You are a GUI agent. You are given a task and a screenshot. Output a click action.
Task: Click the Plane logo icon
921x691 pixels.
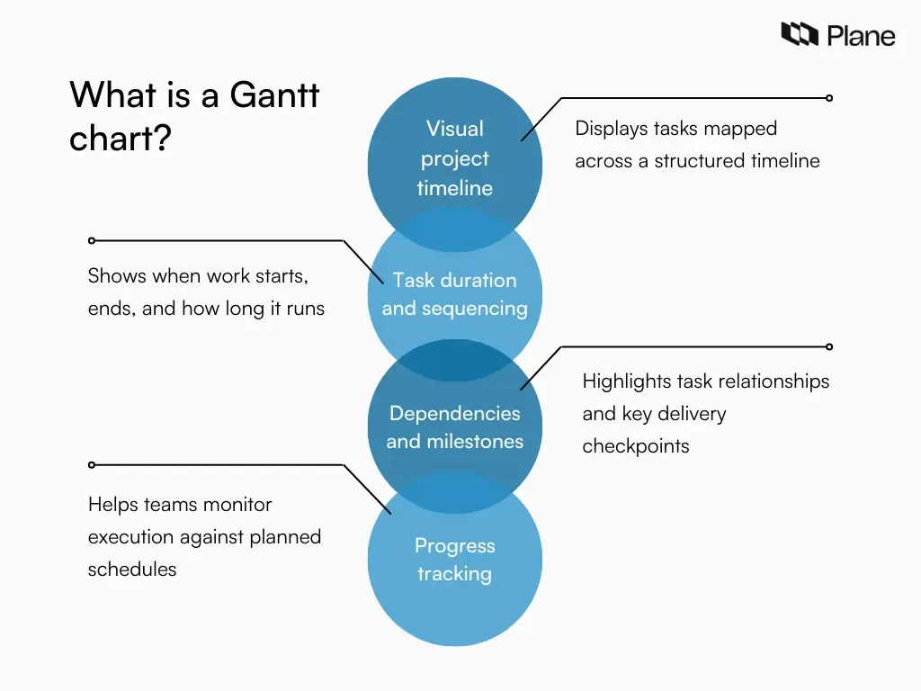799,35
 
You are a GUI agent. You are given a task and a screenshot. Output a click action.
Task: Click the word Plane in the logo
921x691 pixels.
861,36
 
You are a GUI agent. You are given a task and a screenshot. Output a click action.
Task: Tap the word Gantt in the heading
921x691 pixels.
274,94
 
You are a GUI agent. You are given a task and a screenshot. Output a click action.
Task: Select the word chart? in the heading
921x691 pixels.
120,139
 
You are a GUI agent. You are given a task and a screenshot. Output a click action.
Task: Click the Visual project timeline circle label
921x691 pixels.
454,158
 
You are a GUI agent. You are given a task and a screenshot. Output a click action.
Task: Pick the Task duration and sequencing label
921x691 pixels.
454,294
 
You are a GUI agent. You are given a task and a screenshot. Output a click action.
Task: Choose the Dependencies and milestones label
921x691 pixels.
454,427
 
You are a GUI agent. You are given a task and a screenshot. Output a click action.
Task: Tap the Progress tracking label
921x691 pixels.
454,560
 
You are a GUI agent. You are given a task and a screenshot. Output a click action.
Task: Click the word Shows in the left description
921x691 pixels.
117,276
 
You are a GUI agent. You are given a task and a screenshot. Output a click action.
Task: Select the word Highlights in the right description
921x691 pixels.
624,381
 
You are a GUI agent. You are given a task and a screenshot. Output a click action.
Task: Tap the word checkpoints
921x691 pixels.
635,446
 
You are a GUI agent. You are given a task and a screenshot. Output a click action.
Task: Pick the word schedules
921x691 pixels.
131,570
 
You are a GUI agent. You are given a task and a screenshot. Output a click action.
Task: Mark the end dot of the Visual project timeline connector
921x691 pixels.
829,98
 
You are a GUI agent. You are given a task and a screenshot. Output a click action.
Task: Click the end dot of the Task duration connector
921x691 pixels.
91,240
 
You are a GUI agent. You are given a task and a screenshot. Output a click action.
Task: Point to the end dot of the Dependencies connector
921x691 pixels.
829,346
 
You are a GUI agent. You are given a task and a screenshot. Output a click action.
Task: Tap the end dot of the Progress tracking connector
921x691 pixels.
91,464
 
